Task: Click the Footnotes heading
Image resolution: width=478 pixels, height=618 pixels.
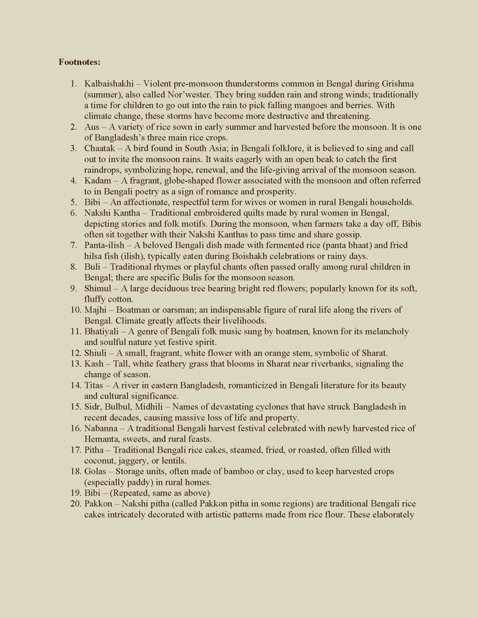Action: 79,62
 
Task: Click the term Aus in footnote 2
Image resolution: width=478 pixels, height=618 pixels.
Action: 92,127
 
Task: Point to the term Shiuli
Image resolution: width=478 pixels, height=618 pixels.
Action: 95,353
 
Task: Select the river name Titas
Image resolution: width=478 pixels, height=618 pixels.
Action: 94,385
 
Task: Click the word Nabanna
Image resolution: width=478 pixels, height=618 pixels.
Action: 101,428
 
